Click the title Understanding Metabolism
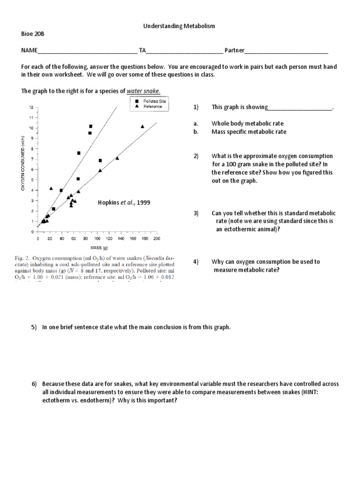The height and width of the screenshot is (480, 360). pos(179,26)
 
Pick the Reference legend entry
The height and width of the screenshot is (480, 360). pos(149,106)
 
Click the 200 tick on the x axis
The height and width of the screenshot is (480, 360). pos(157,238)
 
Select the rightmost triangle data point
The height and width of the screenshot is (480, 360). pos(142,126)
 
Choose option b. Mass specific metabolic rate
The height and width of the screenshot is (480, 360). pos(249,132)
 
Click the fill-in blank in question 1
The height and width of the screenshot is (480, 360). pos(300,108)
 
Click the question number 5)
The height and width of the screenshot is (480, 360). pos(34,327)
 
